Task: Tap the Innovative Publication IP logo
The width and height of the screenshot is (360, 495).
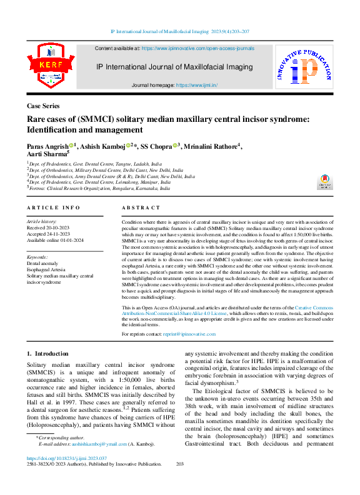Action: tap(304, 68)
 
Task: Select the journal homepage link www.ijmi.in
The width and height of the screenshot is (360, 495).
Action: tap(196, 84)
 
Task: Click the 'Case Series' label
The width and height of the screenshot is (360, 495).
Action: tap(43, 106)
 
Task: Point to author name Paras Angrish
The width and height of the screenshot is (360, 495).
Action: tap(47, 146)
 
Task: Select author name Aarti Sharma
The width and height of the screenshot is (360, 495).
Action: tap(46, 154)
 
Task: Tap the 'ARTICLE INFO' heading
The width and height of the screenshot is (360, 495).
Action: tap(53, 207)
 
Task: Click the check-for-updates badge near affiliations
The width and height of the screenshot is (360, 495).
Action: tap(324, 181)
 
